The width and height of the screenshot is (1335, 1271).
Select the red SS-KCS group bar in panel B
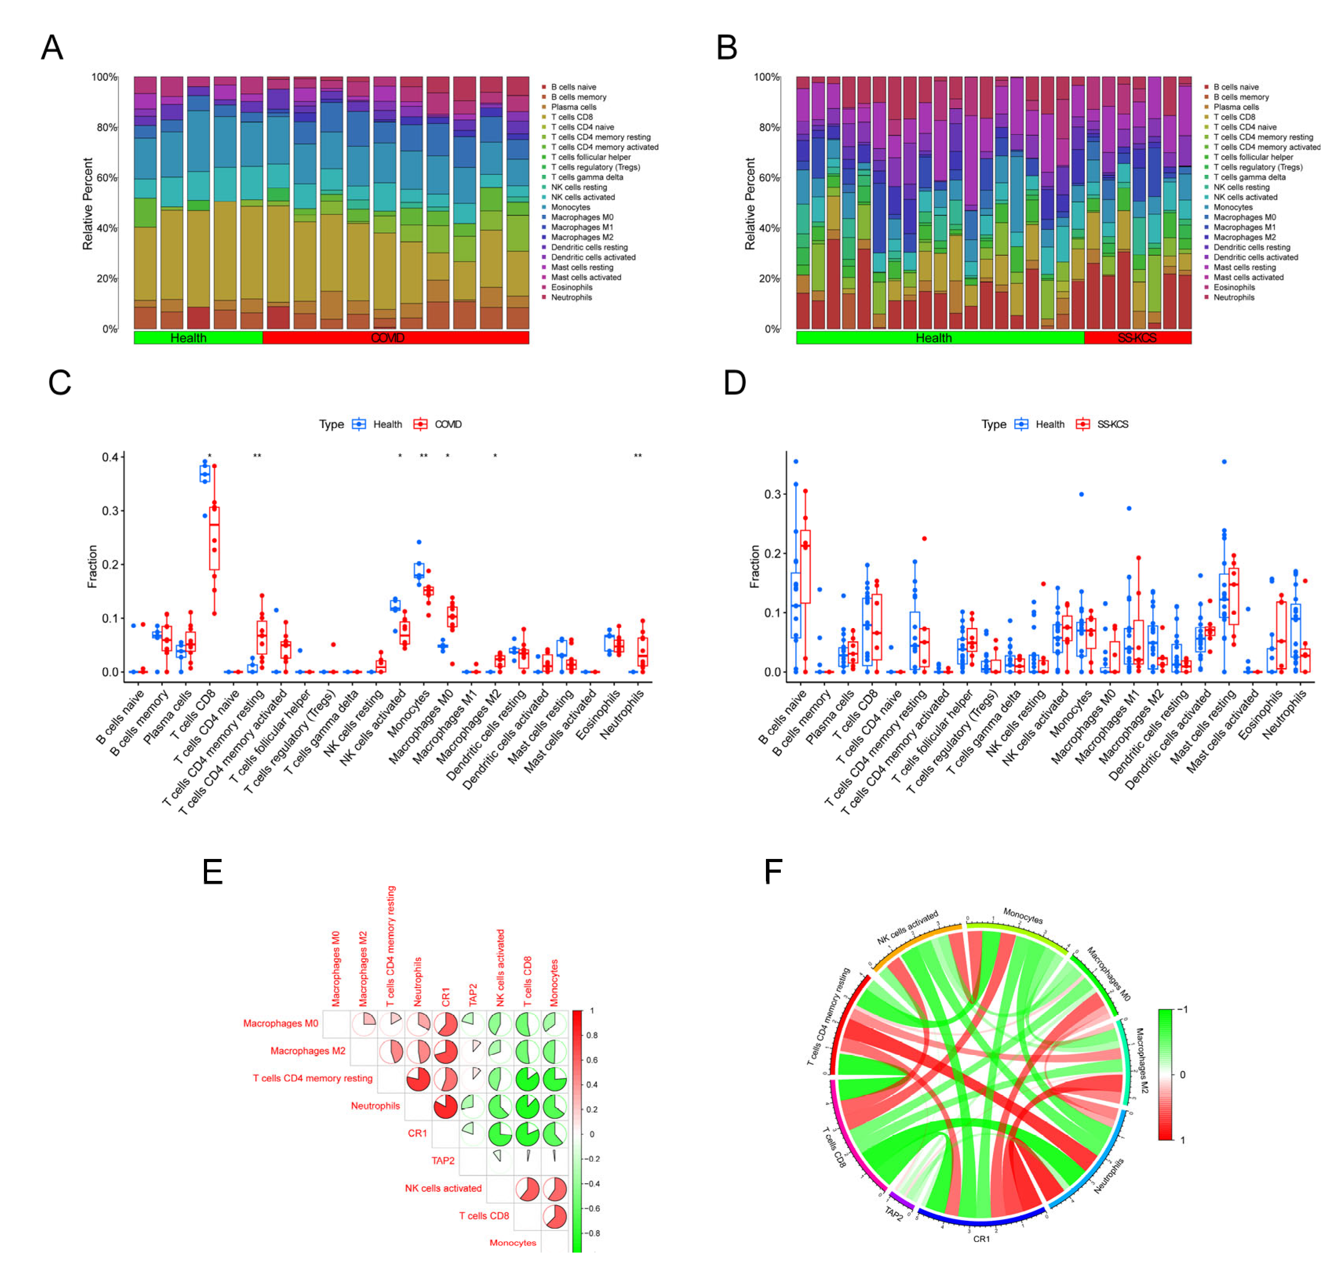click(x=1137, y=338)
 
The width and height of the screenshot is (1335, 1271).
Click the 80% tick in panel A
click(x=106, y=127)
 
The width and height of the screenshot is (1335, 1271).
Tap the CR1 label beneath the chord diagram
click(x=980, y=1238)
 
